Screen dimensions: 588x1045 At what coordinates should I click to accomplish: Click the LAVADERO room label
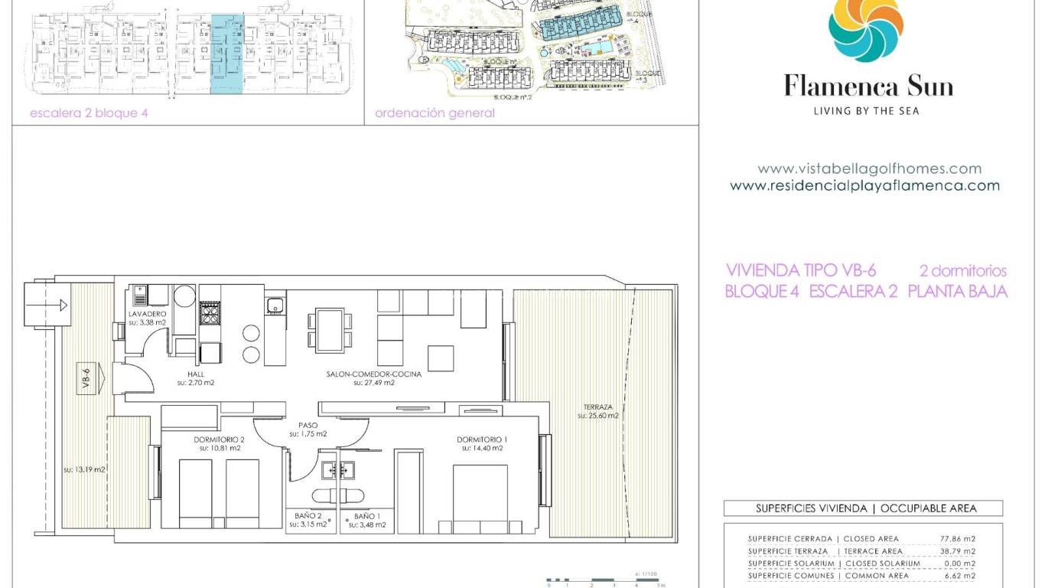pos(148,315)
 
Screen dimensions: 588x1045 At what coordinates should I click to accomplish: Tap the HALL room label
pos(196,374)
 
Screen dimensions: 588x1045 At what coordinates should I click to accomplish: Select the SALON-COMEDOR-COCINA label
pos(374,374)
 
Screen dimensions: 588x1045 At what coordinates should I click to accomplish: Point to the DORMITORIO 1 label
pos(482,439)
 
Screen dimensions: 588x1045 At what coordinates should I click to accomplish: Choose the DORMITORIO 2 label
pos(220,439)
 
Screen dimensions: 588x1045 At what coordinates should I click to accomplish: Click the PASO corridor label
pos(308,425)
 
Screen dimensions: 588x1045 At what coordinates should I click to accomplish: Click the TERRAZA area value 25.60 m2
pos(598,416)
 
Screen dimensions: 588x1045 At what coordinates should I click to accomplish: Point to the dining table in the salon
pos(330,329)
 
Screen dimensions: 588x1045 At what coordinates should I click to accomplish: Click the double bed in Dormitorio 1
pos(480,498)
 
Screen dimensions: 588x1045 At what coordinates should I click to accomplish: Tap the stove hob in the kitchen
pos(210,312)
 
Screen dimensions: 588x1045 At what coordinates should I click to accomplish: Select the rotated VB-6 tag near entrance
pos(86,381)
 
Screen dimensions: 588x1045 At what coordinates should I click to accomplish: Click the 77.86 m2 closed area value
pos(957,539)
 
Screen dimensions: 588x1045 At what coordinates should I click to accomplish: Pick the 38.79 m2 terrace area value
pos(957,551)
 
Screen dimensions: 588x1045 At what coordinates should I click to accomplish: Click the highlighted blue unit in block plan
pos(227,54)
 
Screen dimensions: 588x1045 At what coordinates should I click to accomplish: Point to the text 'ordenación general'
pos(435,113)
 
